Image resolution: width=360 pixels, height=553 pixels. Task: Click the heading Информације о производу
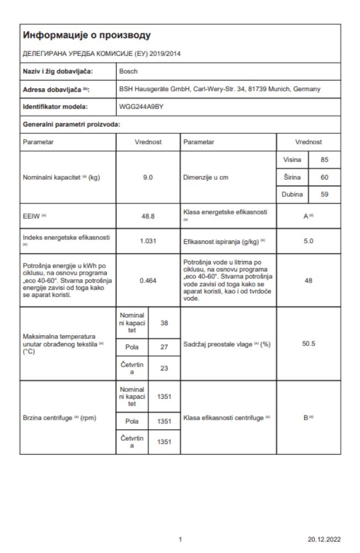tap(87, 36)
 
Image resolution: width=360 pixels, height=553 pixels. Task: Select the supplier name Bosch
tap(128, 71)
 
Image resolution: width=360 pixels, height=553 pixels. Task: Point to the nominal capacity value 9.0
tap(148, 178)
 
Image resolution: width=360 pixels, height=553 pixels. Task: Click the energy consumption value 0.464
tap(148, 280)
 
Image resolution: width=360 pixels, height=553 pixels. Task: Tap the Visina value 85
tap(325, 160)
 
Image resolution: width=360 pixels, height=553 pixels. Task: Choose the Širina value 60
tap(325, 178)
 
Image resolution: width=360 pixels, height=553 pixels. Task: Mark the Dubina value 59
tap(325, 195)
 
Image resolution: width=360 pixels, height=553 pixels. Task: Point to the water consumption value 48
tap(309, 280)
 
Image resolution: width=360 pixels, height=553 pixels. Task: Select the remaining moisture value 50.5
tap(309, 343)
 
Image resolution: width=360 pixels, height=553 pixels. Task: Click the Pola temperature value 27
tap(164, 347)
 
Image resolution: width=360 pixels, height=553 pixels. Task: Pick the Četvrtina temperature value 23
tap(164, 368)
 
